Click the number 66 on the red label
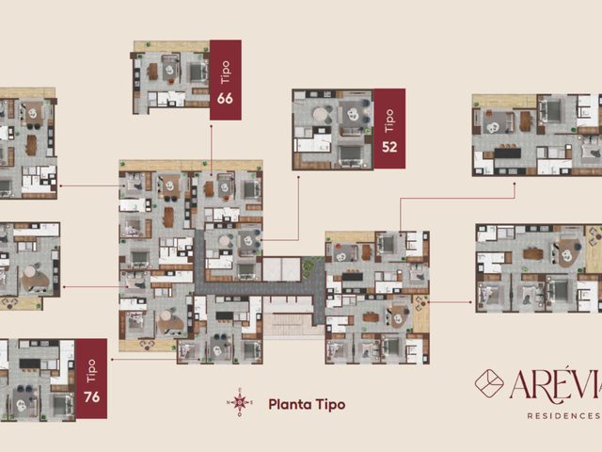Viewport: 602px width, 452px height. pos(225,98)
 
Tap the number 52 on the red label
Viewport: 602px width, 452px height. pos(389,147)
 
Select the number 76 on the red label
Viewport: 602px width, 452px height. pos(92,396)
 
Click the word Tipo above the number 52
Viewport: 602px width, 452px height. pos(389,121)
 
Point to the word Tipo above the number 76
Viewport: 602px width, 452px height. pos(91,371)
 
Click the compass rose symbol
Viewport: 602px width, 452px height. pos(240,402)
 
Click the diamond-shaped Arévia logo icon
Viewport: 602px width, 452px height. pos(489,383)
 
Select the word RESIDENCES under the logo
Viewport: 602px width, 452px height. pos(563,416)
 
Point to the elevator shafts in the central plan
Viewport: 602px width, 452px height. pos(281,269)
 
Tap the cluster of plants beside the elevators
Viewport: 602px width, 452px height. pos(308,267)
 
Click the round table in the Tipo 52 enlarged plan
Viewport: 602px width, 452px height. pos(320,114)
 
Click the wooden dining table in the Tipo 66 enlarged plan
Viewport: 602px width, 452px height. pos(153,72)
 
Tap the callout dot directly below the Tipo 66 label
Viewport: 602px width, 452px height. pos(211,125)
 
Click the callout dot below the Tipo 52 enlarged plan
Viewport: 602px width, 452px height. pos(299,177)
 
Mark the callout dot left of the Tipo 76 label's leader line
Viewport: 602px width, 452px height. pos(112,360)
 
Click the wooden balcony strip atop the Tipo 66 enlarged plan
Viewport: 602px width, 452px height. pos(171,46)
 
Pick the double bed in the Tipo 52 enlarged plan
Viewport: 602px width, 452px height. pos(350,154)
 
